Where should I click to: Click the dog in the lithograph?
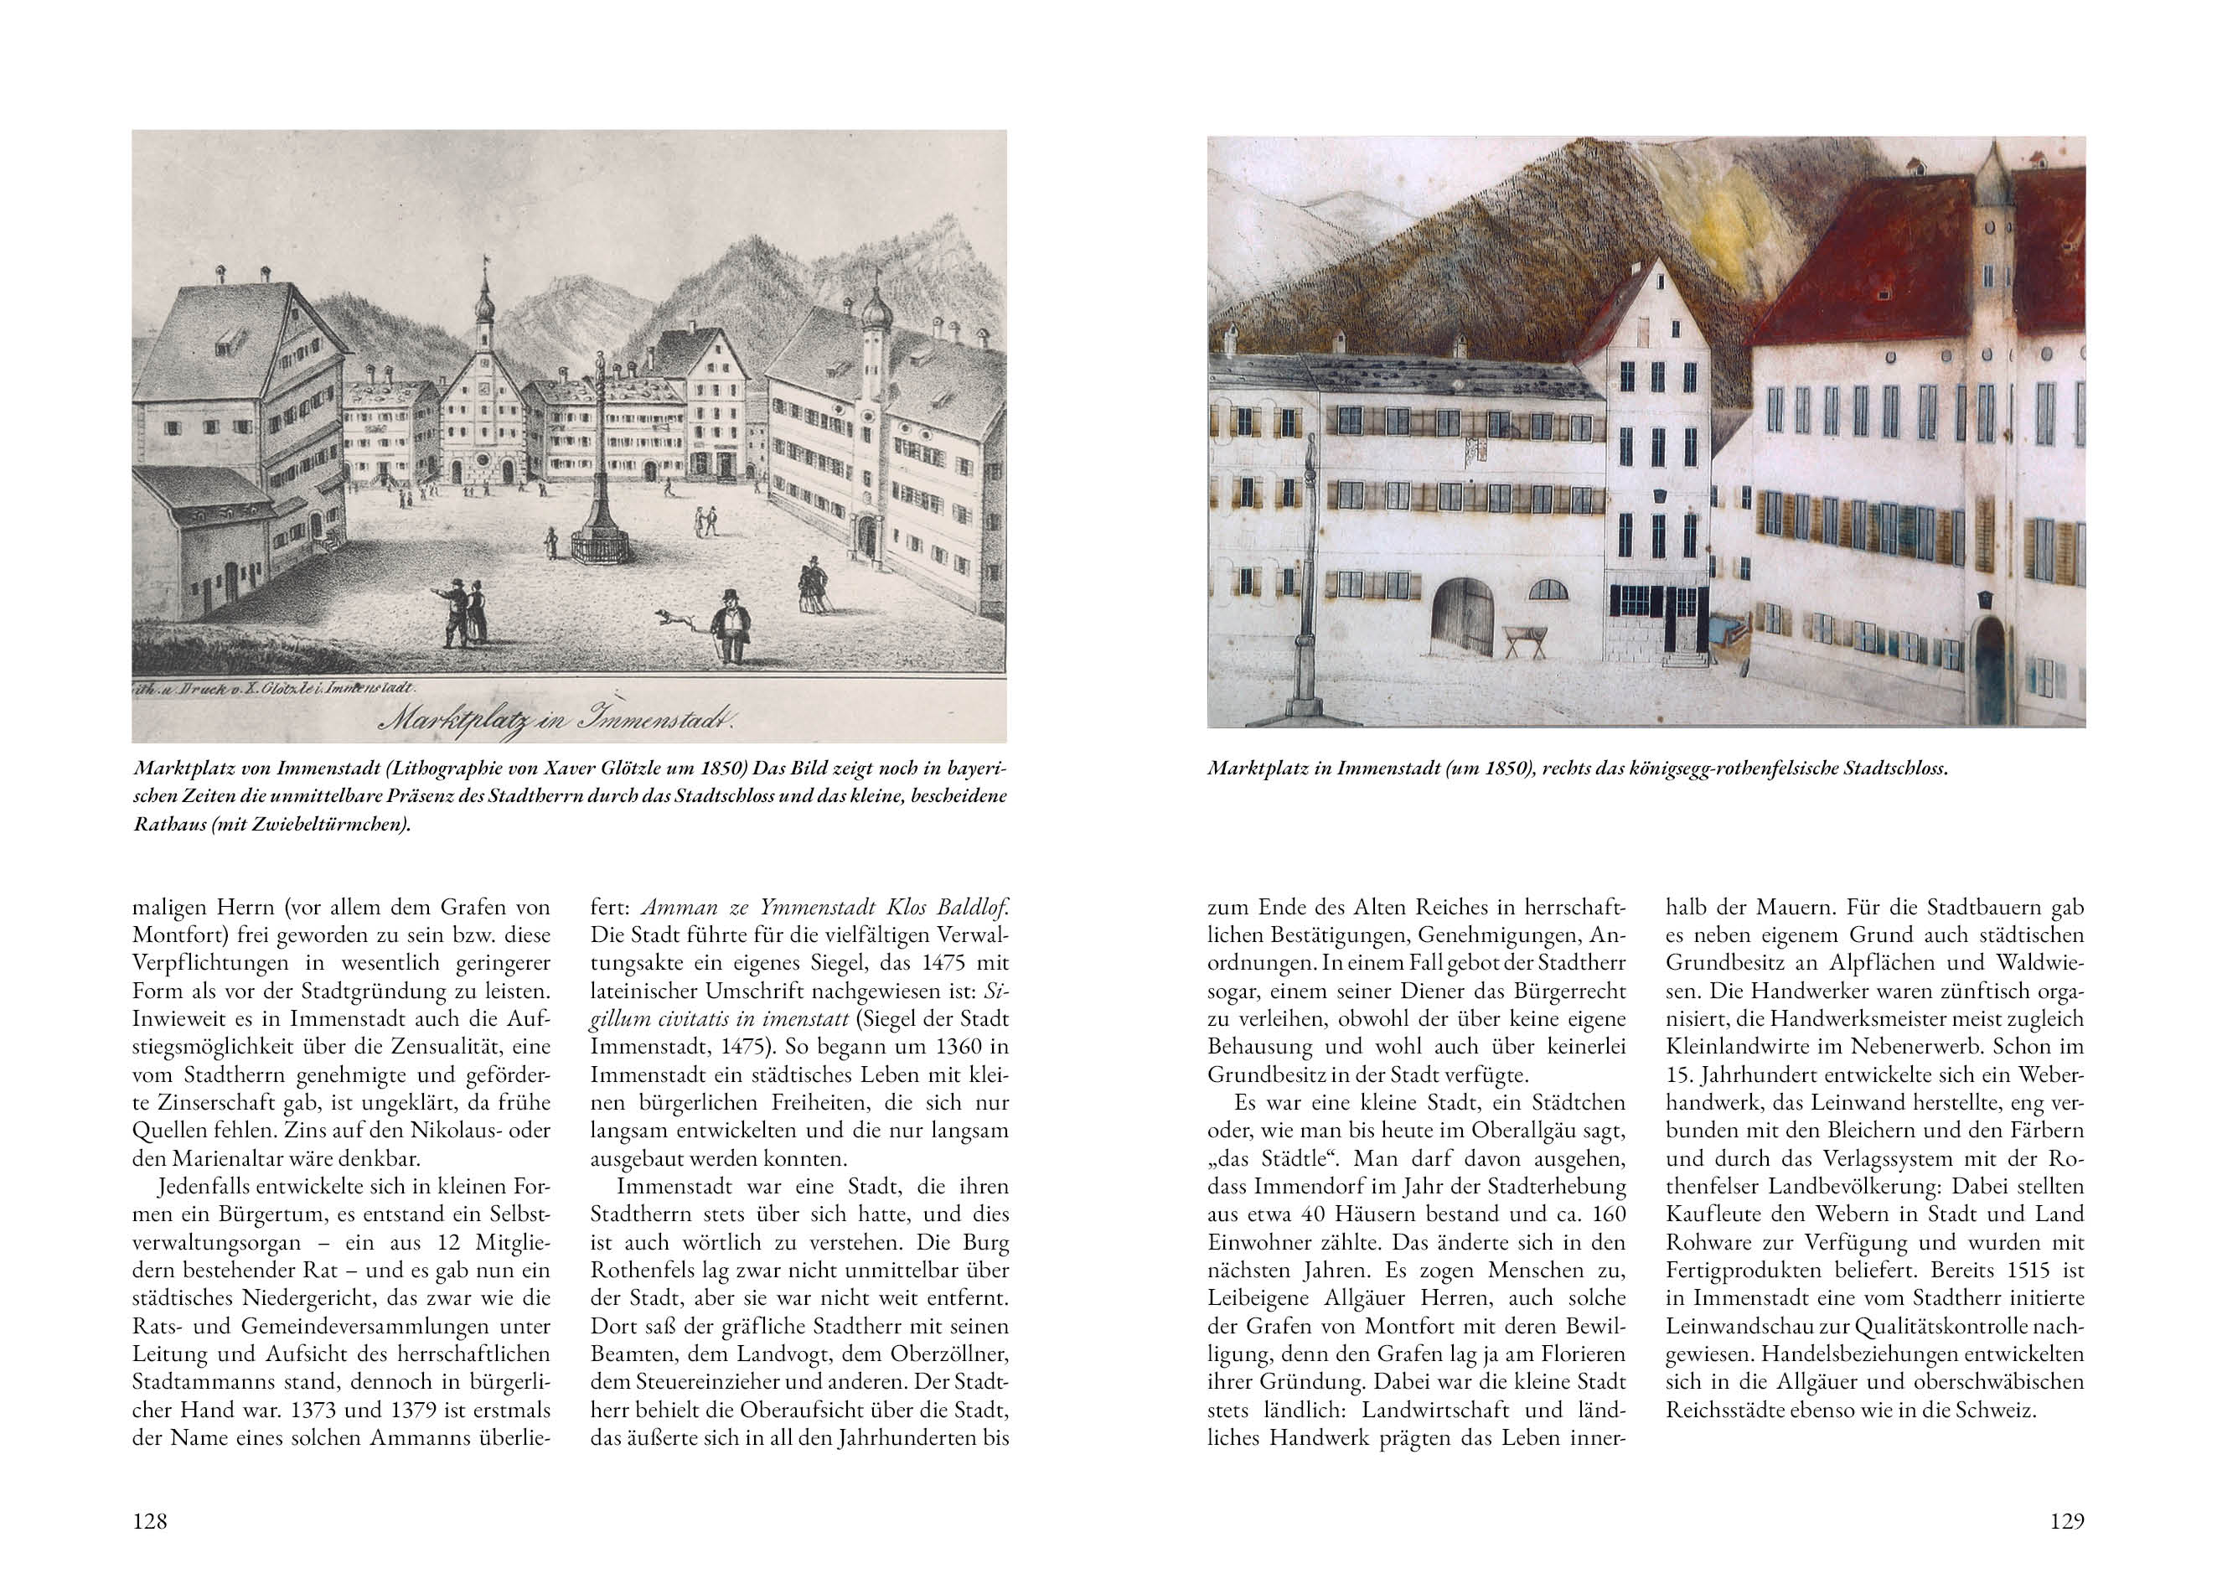pos(674,618)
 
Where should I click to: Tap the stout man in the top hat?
pos(726,625)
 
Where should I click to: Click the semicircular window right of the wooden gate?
pos(1548,589)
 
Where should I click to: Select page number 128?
pos(150,1520)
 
